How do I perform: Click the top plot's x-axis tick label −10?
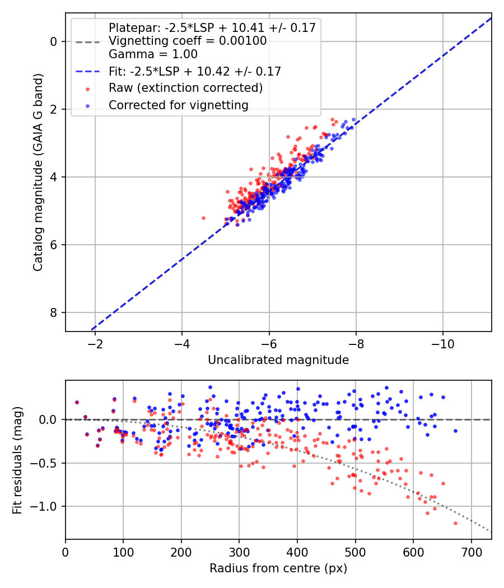click(442, 344)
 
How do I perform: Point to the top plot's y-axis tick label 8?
click(54, 312)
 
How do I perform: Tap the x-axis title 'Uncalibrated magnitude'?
click(278, 360)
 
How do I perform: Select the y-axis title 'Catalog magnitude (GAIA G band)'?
click(38, 172)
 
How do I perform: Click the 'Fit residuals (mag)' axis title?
click(17, 460)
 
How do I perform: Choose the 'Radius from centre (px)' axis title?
click(278, 568)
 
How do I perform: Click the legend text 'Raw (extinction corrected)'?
click(185, 88)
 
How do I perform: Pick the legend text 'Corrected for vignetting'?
click(179, 105)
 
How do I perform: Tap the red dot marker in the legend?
click(88, 89)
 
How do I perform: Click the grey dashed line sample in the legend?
click(88, 42)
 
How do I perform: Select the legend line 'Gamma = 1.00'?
click(153, 54)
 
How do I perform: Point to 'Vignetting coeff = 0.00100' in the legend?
click(188, 41)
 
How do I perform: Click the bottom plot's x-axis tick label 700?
click(471, 552)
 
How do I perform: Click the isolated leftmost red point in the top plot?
click(204, 218)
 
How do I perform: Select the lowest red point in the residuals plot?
click(455, 523)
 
